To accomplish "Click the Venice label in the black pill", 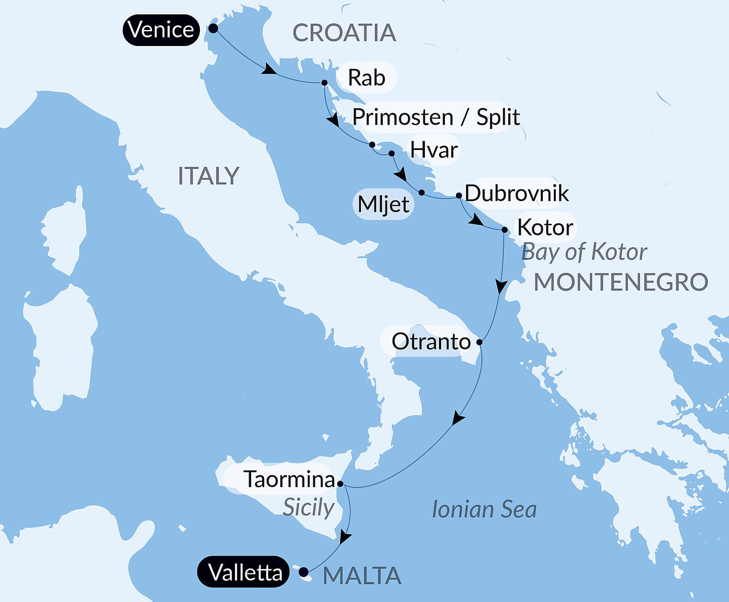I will [x=161, y=30].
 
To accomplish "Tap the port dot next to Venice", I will [x=213, y=29].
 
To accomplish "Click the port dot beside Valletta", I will [x=303, y=572].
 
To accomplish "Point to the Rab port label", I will [x=366, y=78].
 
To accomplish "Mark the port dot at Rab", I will [x=324, y=83].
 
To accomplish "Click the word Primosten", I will [x=403, y=117].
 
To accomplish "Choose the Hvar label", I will [x=434, y=150].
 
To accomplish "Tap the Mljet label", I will [x=383, y=204].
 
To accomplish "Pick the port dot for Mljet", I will [x=421, y=193].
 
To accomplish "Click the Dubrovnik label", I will [x=517, y=193].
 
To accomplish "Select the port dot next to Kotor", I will [x=504, y=230].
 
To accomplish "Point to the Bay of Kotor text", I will [x=584, y=252].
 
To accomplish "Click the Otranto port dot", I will [x=480, y=342].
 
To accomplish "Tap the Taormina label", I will [x=290, y=479].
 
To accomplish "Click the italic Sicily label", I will [x=309, y=507].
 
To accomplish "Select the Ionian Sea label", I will [x=484, y=509].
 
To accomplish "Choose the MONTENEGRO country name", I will [x=621, y=282].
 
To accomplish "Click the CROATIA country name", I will [x=344, y=33].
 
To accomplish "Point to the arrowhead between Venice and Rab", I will [x=268, y=69].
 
